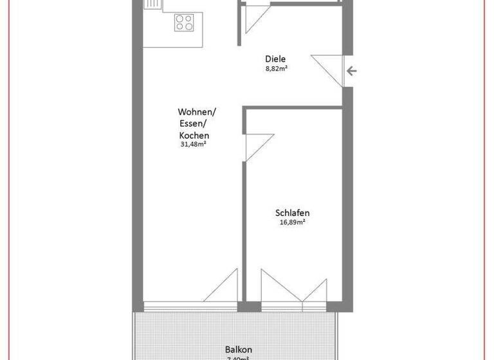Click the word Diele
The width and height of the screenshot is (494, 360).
pos(275,59)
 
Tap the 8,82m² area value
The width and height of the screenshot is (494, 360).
pos(276,68)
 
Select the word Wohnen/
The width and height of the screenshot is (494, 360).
pos(197,112)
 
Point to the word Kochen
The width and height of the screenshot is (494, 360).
pos(194,136)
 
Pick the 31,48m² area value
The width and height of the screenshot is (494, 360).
pos(193,145)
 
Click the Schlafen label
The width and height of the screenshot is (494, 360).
pos(293,213)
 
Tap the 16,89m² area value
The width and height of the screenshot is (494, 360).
pos(293,223)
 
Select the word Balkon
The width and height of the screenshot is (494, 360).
pos(238,348)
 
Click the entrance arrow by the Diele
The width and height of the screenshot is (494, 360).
pos(349,71)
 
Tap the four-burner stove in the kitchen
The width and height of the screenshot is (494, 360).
pos(184,23)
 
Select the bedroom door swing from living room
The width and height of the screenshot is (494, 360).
pos(257,145)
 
